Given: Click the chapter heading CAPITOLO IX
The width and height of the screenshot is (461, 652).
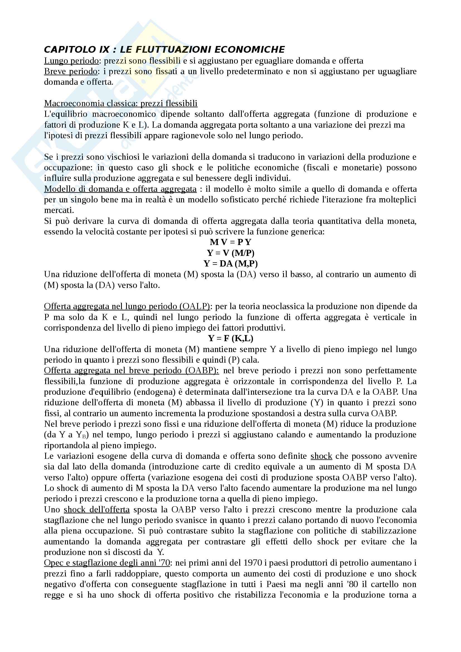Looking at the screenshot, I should (x=77, y=50).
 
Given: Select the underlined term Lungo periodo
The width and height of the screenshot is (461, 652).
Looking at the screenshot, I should (x=71, y=61).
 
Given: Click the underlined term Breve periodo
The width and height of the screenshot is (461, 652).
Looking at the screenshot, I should (x=71, y=71).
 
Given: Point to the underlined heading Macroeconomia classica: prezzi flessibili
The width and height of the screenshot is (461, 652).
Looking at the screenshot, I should (x=121, y=103).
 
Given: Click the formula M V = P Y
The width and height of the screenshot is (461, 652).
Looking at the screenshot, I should (x=230, y=242).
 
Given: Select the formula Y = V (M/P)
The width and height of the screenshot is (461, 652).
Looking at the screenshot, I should (x=230, y=253).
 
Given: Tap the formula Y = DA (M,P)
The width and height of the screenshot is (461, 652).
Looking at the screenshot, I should (x=230, y=263).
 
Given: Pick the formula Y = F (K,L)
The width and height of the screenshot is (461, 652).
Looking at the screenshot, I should (x=230, y=338).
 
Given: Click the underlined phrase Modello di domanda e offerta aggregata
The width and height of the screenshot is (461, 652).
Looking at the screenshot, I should (x=120, y=189).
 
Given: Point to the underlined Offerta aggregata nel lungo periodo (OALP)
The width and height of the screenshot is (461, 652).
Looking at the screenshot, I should (x=127, y=306).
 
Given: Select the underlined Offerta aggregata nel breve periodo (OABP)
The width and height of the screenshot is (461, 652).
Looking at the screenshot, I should (x=131, y=370).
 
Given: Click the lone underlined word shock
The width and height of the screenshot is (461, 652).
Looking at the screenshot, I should (x=321, y=456).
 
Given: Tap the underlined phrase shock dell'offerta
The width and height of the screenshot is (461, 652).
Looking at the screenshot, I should (x=96, y=510).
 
